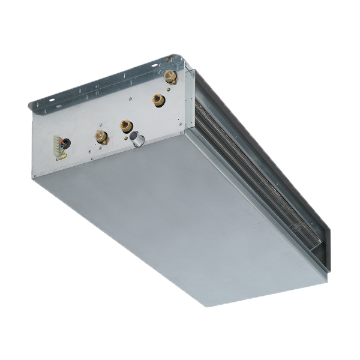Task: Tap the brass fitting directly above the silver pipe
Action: pyautogui.click(x=125, y=125)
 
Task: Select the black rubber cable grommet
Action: pyautogui.click(x=66, y=143)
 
